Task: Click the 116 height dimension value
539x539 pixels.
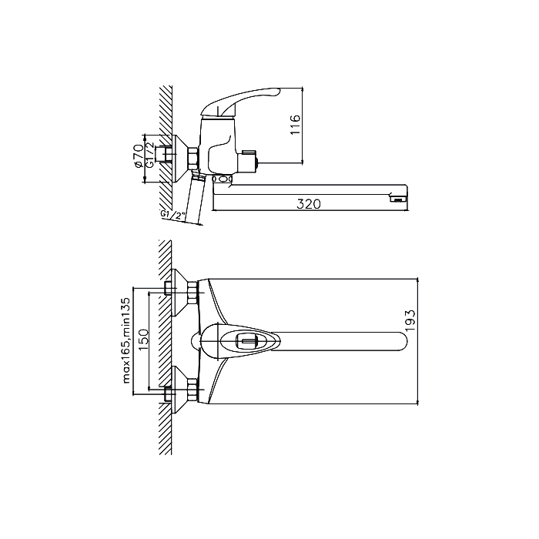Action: [x=295, y=125]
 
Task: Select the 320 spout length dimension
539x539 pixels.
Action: [x=309, y=204]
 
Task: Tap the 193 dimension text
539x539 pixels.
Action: [x=410, y=321]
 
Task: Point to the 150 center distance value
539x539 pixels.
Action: [x=143, y=340]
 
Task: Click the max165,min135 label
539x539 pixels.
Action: [x=126, y=340]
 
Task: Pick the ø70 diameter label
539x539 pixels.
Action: [x=139, y=156]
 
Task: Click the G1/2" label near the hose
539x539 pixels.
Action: [x=173, y=215]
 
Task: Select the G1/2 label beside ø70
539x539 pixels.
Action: [x=150, y=155]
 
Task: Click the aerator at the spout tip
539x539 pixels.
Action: [x=398, y=199]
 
